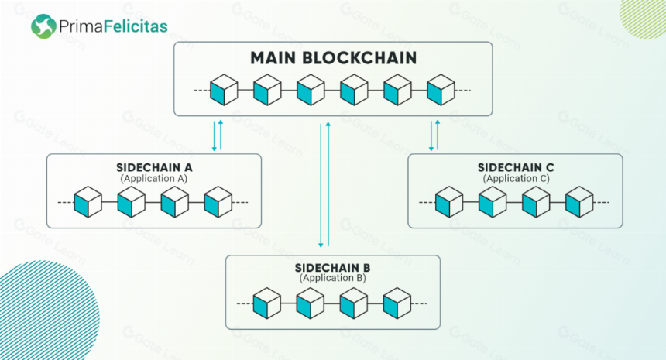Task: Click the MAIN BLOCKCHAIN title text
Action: coord(334,58)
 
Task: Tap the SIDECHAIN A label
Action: coord(154,167)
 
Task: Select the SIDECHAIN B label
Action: coord(332,268)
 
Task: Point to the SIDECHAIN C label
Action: coord(516,167)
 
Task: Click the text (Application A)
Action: coord(154,179)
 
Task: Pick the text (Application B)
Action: coord(332,278)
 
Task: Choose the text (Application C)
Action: coord(516,179)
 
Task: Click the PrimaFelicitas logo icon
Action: coord(43,26)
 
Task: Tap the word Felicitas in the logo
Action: coord(136,26)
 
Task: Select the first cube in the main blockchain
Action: coord(224,90)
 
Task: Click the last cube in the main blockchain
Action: coord(441,90)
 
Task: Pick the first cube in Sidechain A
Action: coord(88,202)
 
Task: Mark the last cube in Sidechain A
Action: coord(218,202)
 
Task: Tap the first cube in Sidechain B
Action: coord(266,303)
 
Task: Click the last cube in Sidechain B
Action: coord(397,303)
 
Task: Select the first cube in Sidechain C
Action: coord(449,202)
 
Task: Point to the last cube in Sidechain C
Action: coord(579,202)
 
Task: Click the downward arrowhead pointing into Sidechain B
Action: coord(321,245)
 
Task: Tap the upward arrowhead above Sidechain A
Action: coord(221,122)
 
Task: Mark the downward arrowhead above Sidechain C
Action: coord(431,149)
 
